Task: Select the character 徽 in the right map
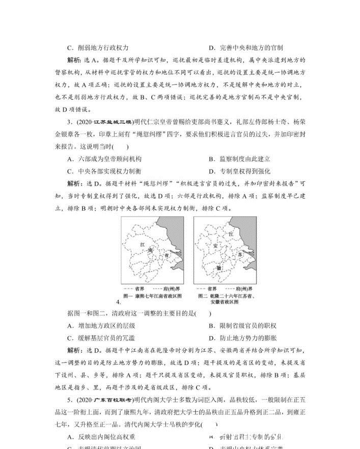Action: coord(219,268)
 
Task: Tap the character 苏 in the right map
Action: coord(239,253)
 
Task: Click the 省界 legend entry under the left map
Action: coord(139,288)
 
